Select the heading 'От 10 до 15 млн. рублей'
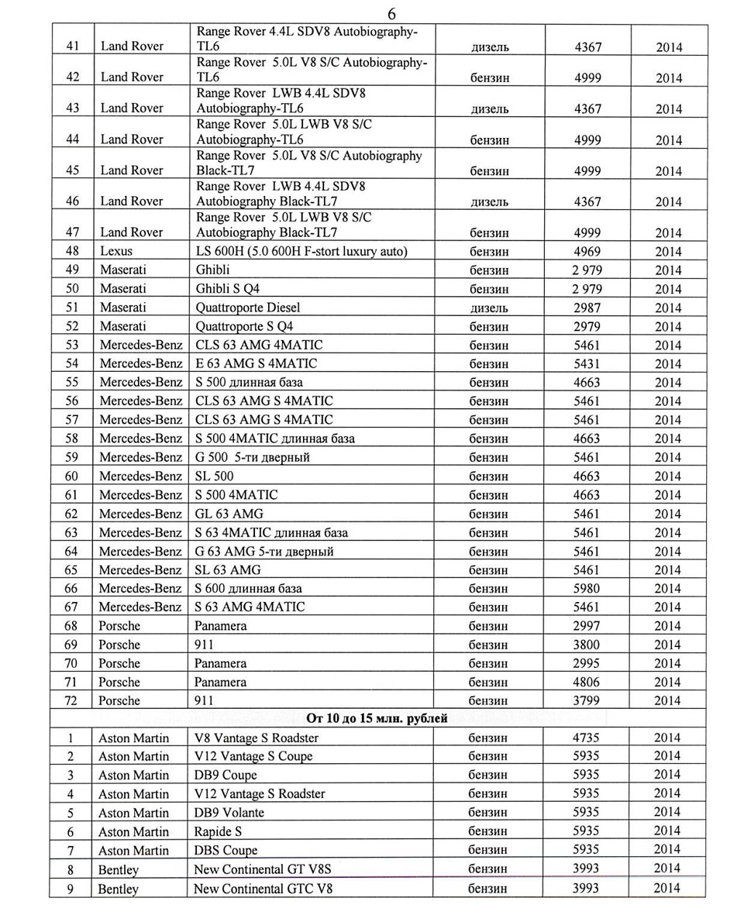377,718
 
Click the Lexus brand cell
116,251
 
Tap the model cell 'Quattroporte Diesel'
248,308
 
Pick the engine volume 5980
587,589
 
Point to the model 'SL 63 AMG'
228,569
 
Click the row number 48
72,251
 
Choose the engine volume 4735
586,738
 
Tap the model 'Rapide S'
218,831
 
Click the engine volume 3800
587,645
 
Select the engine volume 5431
587,363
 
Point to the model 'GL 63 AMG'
229,514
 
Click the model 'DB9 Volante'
229,813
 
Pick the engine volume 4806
587,682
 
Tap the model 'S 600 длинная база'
249,589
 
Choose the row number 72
71,700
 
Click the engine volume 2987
587,308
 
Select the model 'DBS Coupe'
226,850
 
